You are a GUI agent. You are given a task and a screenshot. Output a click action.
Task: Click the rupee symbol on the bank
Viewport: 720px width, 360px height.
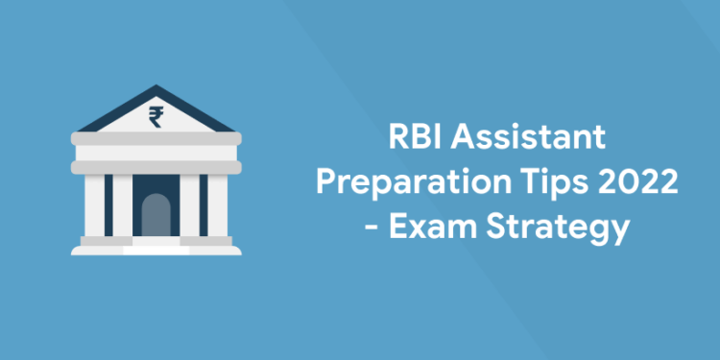point(156,117)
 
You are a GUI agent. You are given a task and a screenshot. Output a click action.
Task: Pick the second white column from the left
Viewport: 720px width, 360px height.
point(122,206)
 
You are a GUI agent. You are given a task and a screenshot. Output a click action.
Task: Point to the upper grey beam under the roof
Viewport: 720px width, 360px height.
point(156,144)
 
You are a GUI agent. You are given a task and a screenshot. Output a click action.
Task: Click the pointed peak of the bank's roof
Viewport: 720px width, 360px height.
point(156,89)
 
